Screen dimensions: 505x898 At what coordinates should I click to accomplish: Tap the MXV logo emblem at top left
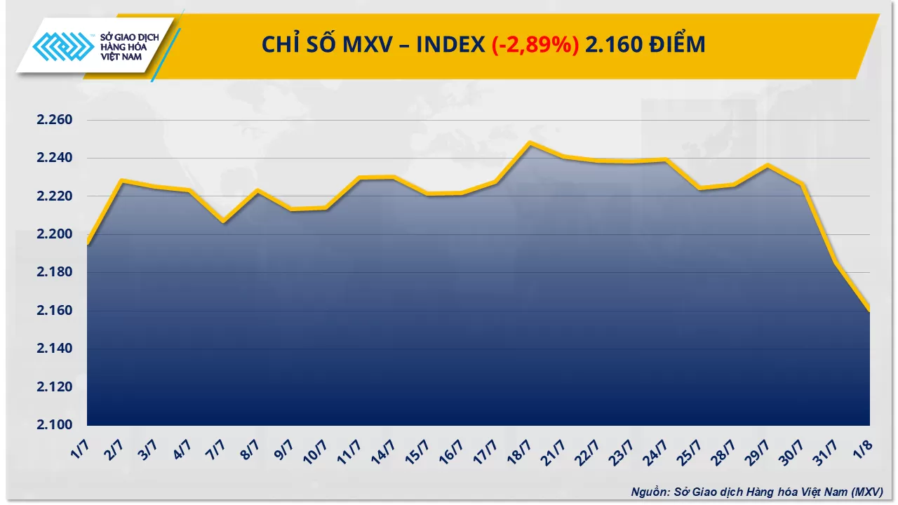(62, 49)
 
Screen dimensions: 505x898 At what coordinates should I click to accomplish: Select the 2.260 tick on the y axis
(55, 120)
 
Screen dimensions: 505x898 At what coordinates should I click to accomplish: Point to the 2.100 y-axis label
(55, 425)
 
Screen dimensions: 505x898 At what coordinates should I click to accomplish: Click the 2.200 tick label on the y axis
(55, 234)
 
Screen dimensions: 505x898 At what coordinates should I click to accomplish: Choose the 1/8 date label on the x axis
(866, 446)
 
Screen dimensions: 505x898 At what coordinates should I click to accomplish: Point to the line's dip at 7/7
(223, 222)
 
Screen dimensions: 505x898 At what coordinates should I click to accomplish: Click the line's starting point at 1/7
(88, 244)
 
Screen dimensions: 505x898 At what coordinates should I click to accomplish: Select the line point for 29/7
(768, 166)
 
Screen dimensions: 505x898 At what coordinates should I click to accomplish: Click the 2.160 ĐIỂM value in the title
(645, 45)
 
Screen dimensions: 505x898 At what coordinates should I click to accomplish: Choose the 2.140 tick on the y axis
(55, 349)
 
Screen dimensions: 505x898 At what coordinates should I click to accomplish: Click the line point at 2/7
(122, 181)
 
